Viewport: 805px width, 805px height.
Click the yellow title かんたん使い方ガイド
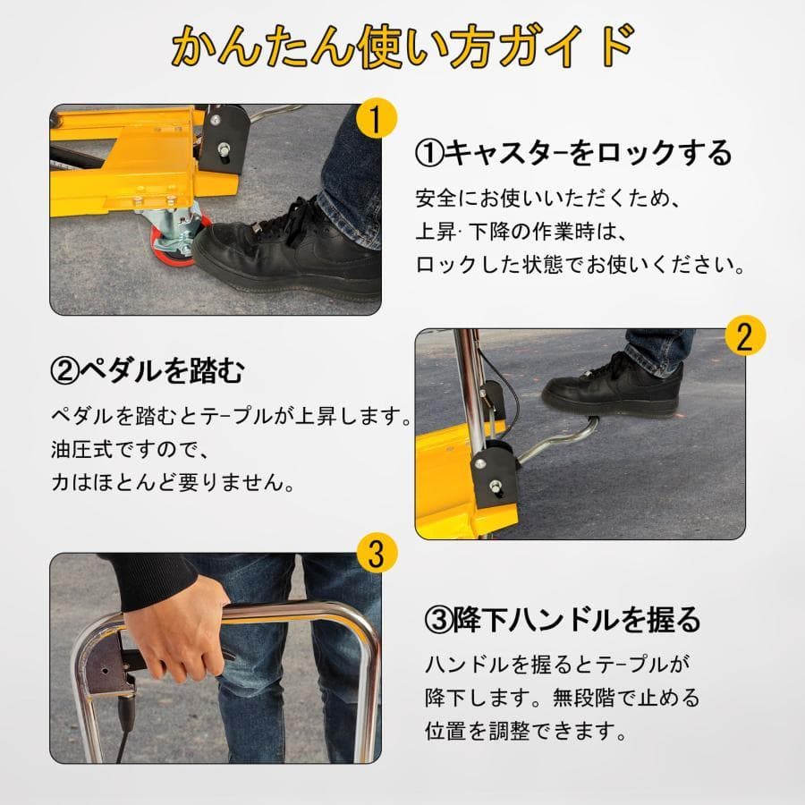tap(403, 47)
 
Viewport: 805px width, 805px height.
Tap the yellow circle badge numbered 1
tap(377, 119)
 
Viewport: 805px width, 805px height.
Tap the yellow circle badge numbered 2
tap(745, 336)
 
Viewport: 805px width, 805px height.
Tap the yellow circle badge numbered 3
tap(377, 554)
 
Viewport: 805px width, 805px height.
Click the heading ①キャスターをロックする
tap(573, 152)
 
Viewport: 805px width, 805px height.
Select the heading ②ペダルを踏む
tap(148, 370)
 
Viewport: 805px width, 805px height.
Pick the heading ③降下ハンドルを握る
tap(563, 619)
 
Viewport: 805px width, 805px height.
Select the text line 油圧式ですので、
tap(129, 450)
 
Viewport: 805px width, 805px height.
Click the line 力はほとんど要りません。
tap(173, 483)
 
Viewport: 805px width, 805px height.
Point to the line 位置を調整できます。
tap(525, 731)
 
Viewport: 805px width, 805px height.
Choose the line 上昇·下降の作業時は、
tap(521, 232)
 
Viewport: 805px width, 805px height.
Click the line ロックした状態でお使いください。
tap(580, 266)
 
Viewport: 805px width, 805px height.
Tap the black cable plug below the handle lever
tap(127, 711)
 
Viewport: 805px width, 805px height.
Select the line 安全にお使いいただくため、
tap(547, 199)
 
